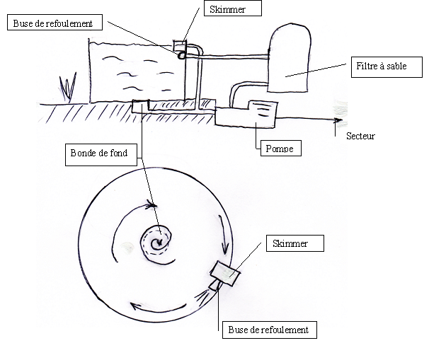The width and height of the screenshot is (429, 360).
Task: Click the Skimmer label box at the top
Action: point(233,8)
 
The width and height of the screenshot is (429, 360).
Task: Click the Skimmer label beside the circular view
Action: point(295,243)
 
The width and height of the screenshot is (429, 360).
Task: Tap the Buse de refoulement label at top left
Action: point(55,23)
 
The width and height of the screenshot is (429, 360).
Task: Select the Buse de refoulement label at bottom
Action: point(270,330)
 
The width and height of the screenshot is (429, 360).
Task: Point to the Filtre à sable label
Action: point(387,67)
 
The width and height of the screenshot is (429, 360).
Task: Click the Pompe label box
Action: point(281,148)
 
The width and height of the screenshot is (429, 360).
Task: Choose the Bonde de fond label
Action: point(101,155)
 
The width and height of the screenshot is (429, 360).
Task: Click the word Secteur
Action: point(360,136)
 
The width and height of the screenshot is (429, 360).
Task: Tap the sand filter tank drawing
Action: point(290,58)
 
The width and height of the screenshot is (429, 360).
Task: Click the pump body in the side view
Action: point(246,115)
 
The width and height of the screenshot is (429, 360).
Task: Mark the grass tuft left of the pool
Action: point(68,87)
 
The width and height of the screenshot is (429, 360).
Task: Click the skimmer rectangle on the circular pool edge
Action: point(225,273)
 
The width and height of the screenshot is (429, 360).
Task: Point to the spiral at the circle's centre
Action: point(157,243)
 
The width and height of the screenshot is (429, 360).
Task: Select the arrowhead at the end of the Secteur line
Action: point(338,120)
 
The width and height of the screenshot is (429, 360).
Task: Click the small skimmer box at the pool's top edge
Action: point(180,45)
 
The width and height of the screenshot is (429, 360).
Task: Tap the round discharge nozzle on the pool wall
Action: point(181,55)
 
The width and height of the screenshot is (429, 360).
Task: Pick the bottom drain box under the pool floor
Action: point(141,106)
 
